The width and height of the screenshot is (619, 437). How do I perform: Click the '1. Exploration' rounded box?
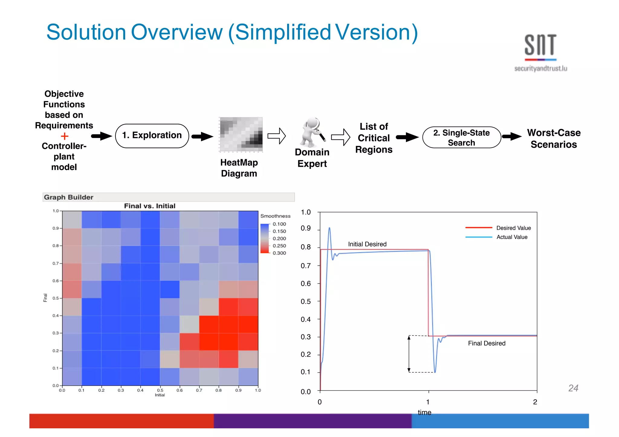click(x=152, y=136)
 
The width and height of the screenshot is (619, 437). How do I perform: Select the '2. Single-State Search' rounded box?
click(x=461, y=137)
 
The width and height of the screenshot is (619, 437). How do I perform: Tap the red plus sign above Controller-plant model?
click(x=64, y=136)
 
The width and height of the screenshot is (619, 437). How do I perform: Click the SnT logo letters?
click(x=540, y=45)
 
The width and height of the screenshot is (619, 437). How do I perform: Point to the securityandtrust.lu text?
click(x=540, y=69)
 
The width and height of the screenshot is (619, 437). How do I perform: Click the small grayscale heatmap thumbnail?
click(x=241, y=134)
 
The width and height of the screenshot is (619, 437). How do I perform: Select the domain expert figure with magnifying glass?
click(x=312, y=132)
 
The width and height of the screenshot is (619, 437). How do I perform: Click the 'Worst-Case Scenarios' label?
click(x=553, y=139)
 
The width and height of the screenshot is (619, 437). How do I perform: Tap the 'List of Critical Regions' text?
click(x=374, y=138)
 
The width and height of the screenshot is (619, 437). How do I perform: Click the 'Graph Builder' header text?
click(x=69, y=197)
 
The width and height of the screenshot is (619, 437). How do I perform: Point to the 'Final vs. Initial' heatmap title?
click(x=150, y=206)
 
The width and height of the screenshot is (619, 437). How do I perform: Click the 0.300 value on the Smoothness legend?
click(x=279, y=253)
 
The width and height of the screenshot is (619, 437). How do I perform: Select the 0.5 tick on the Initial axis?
click(x=160, y=390)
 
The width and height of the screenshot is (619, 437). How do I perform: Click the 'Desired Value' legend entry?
click(x=513, y=228)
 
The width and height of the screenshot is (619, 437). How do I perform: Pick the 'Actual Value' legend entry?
click(x=512, y=237)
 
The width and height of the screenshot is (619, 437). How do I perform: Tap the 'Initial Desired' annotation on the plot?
click(x=367, y=244)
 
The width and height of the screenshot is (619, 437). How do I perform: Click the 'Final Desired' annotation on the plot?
click(x=486, y=343)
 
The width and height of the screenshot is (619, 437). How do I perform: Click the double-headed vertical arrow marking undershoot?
click(x=409, y=354)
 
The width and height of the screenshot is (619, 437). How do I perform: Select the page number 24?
click(x=573, y=388)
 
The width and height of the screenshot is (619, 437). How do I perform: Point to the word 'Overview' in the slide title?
click(x=177, y=32)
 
